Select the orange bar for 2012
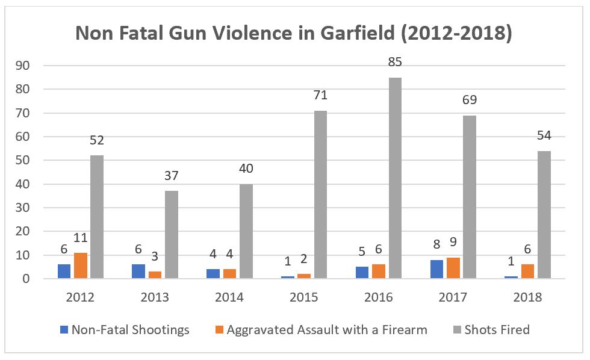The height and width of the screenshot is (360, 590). (81, 265)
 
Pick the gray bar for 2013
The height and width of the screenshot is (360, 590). (171, 235)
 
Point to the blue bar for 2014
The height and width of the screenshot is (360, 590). (214, 274)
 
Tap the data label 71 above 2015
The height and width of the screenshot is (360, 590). (320, 95)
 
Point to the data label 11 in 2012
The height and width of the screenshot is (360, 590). (81, 237)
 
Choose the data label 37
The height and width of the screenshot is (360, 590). (171, 175)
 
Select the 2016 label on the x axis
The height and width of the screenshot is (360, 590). (379, 297)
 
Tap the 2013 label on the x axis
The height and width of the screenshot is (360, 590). (155, 297)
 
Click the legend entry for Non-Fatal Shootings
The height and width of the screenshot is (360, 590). (125, 329)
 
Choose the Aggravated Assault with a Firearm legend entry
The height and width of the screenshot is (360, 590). (321, 329)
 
